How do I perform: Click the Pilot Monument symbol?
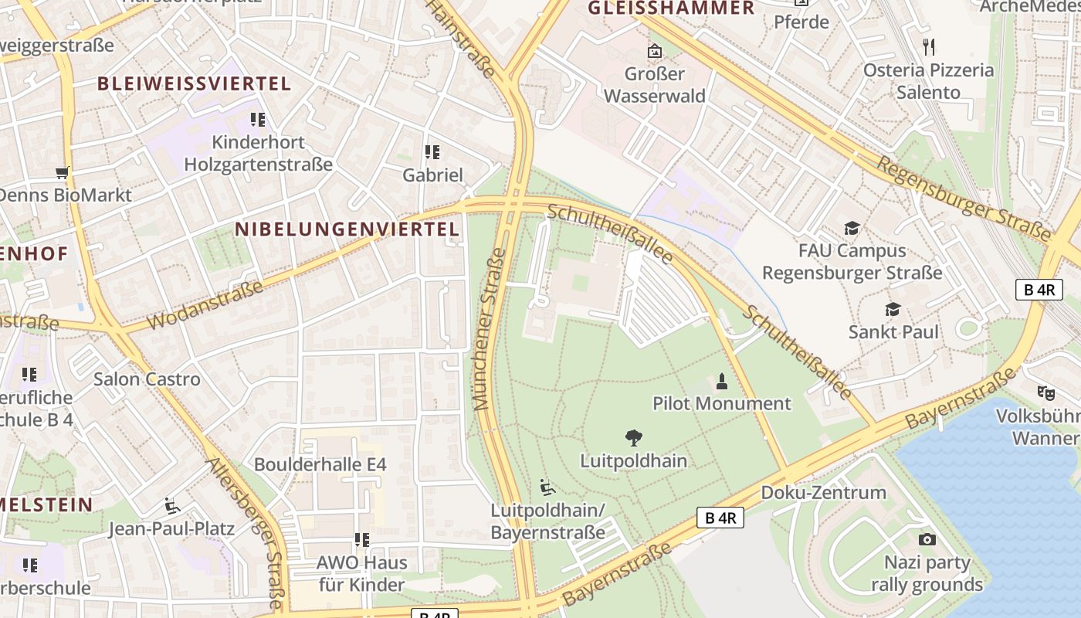pyautogui.click(x=722, y=381)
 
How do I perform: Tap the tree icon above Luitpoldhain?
pyautogui.click(x=634, y=439)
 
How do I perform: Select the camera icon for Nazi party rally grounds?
pyautogui.click(x=927, y=539)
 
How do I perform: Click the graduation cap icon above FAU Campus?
pyautogui.click(x=852, y=229)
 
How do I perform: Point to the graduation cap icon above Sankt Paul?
pyautogui.click(x=893, y=310)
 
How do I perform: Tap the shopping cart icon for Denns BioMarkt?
pyautogui.click(x=63, y=172)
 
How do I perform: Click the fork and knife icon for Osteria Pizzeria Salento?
pyautogui.click(x=929, y=47)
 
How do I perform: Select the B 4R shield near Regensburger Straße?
pyautogui.click(x=1039, y=290)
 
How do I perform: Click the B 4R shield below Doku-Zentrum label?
pyautogui.click(x=720, y=518)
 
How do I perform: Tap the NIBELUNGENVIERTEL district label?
pyautogui.click(x=347, y=229)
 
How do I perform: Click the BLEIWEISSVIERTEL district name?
pyautogui.click(x=194, y=83)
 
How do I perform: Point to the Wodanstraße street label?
pyautogui.click(x=205, y=306)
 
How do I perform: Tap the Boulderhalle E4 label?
pyautogui.click(x=320, y=464)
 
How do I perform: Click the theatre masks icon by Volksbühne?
pyautogui.click(x=1045, y=392)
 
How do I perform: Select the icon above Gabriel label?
pyautogui.click(x=432, y=152)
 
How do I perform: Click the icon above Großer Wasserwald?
pyautogui.click(x=655, y=52)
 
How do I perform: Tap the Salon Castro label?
pyautogui.click(x=147, y=379)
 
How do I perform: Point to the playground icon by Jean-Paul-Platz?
pyautogui.click(x=172, y=506)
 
